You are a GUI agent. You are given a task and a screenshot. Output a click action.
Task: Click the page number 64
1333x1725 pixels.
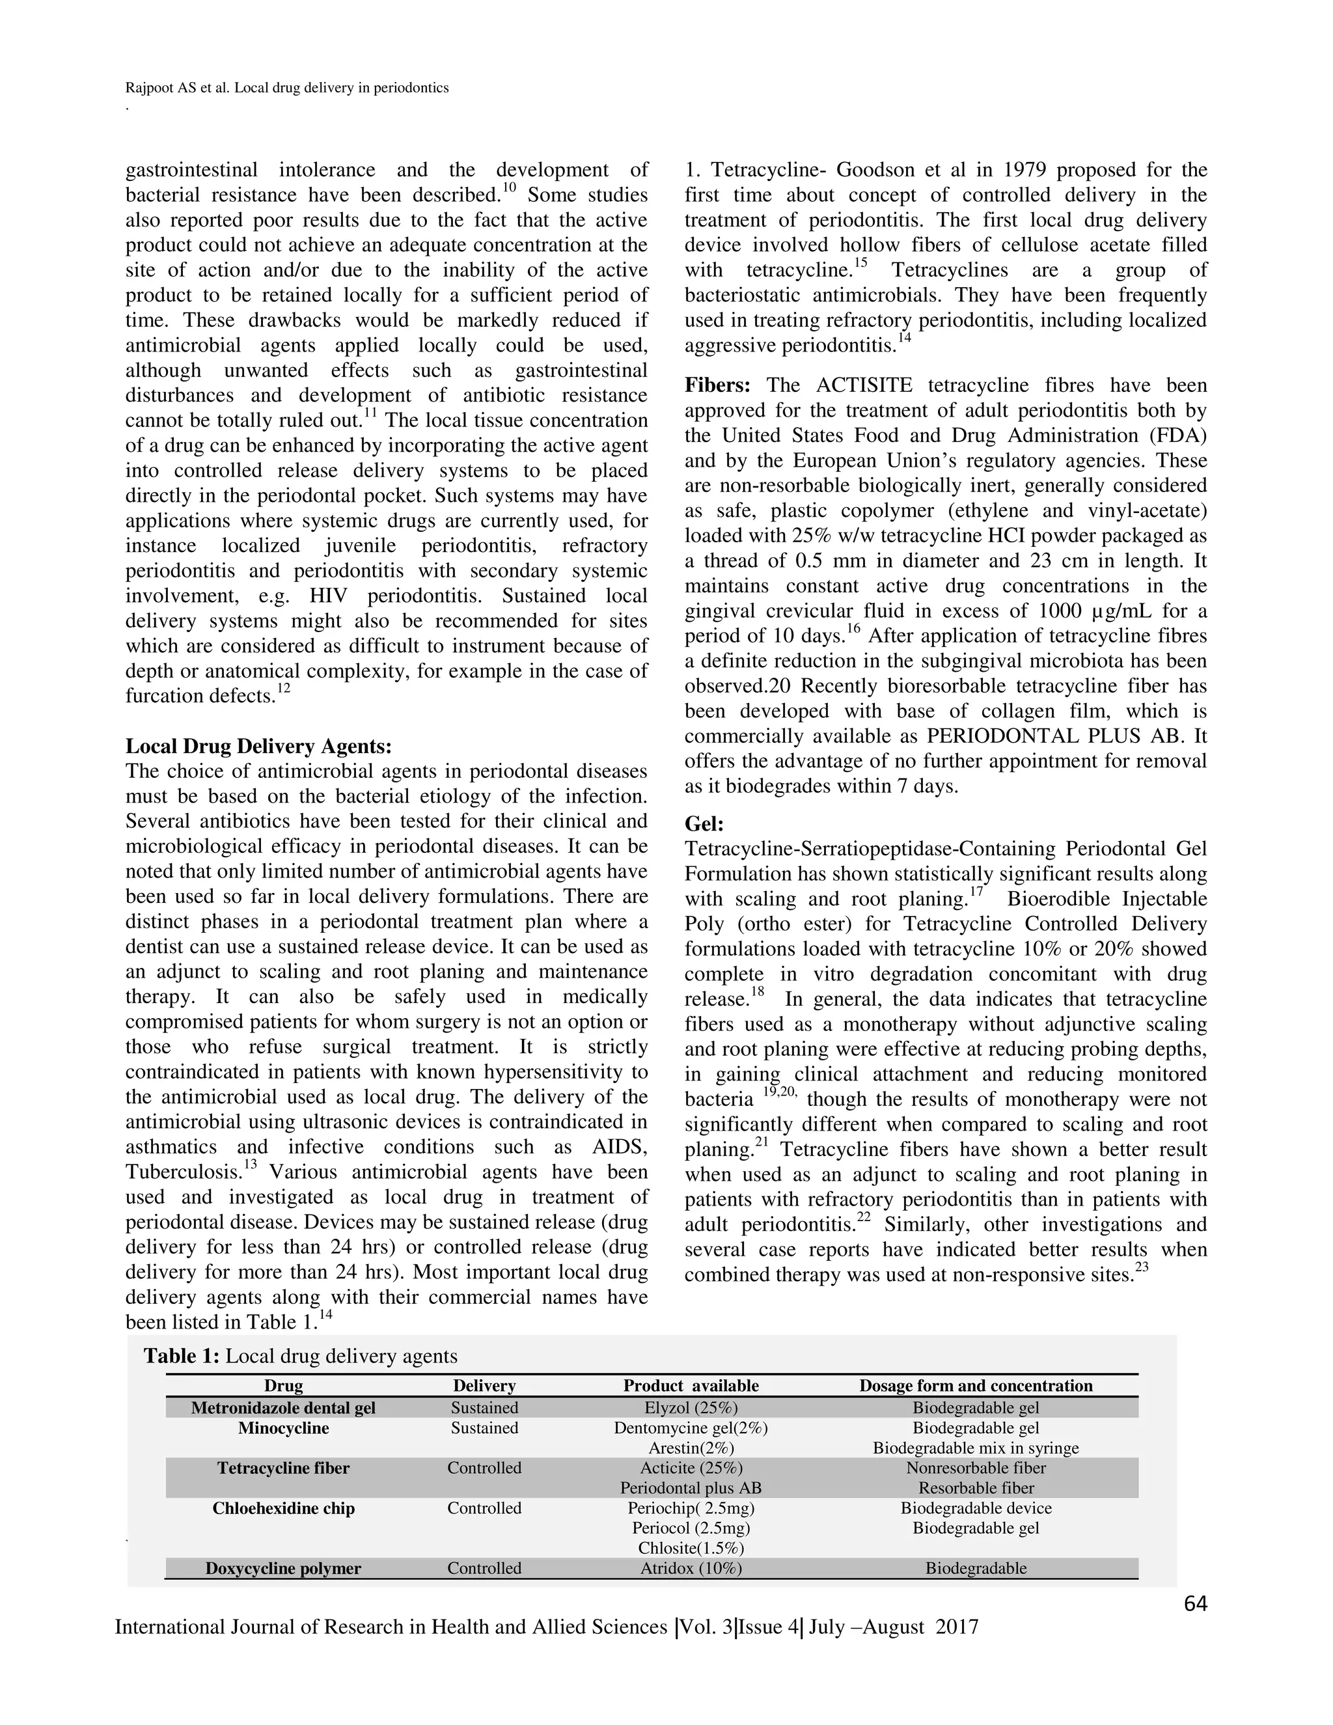point(1196,1604)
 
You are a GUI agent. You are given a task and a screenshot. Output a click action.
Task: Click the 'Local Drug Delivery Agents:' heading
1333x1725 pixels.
point(258,747)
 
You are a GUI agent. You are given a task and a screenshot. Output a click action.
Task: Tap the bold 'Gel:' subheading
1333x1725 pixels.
point(704,824)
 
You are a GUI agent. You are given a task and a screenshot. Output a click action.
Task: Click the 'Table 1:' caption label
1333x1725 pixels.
point(181,1356)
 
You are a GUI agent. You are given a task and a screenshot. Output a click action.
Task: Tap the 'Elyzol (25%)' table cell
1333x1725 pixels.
point(691,1407)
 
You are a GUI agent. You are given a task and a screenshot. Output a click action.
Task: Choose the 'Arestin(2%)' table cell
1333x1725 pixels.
point(691,1448)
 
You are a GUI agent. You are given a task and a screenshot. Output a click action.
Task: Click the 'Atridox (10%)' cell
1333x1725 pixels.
point(691,1568)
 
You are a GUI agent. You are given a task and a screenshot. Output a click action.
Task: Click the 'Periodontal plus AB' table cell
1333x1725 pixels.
point(691,1488)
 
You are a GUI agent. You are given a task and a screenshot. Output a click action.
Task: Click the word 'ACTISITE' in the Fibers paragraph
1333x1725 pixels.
point(864,385)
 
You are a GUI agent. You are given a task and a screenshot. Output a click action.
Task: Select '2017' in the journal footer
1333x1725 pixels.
point(951,1627)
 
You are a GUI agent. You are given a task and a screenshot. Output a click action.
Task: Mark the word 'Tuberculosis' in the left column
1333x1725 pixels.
point(184,1172)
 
